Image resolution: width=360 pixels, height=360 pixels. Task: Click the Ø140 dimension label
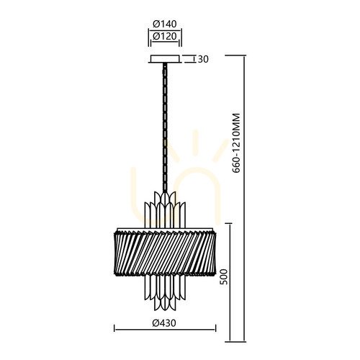point(165,24)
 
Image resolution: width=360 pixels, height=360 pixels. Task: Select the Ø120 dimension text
point(165,36)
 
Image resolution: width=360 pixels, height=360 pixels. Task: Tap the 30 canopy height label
point(203,59)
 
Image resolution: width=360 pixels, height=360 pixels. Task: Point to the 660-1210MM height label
point(236,143)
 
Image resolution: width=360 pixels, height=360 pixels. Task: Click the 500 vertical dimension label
point(224,276)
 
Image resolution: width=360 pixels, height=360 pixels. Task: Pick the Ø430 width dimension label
point(164,323)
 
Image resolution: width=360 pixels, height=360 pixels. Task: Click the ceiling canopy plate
point(165,59)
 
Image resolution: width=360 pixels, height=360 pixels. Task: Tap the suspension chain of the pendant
point(165,127)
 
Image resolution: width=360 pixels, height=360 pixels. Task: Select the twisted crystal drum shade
point(165,253)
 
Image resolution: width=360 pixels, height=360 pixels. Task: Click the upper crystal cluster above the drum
point(165,210)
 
